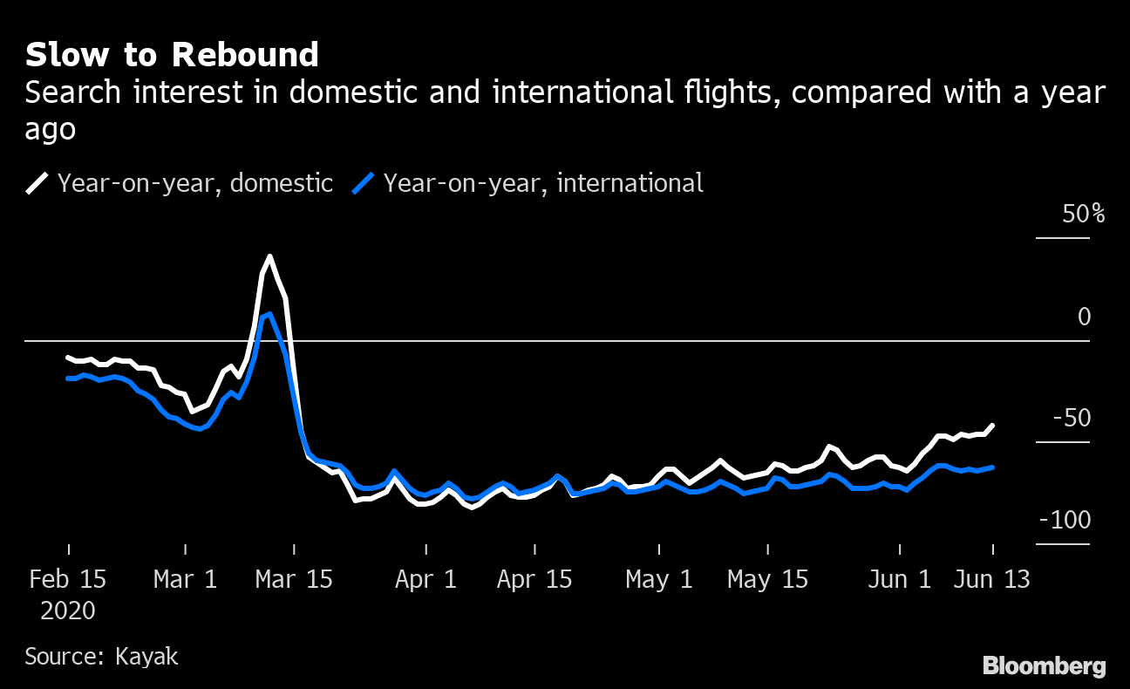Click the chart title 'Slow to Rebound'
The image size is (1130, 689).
(172, 55)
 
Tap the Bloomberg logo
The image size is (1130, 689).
(1045, 665)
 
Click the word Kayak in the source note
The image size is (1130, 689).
(146, 656)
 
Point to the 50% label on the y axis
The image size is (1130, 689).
(1083, 214)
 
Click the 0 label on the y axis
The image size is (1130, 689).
(1084, 317)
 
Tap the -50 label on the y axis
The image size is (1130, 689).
(1072, 419)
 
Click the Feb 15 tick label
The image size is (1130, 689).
(68, 579)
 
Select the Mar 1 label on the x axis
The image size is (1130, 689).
(186, 579)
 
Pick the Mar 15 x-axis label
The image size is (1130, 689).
(294, 579)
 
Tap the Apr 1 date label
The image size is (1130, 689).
(426, 579)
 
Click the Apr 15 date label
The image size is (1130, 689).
(534, 579)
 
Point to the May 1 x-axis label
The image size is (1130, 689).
(659, 579)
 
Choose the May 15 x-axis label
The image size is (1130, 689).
(767, 579)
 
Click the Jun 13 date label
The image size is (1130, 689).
(992, 579)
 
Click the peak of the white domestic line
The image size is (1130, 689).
(269, 256)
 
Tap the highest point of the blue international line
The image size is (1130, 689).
(269, 314)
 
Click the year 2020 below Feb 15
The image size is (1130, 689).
(68, 611)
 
